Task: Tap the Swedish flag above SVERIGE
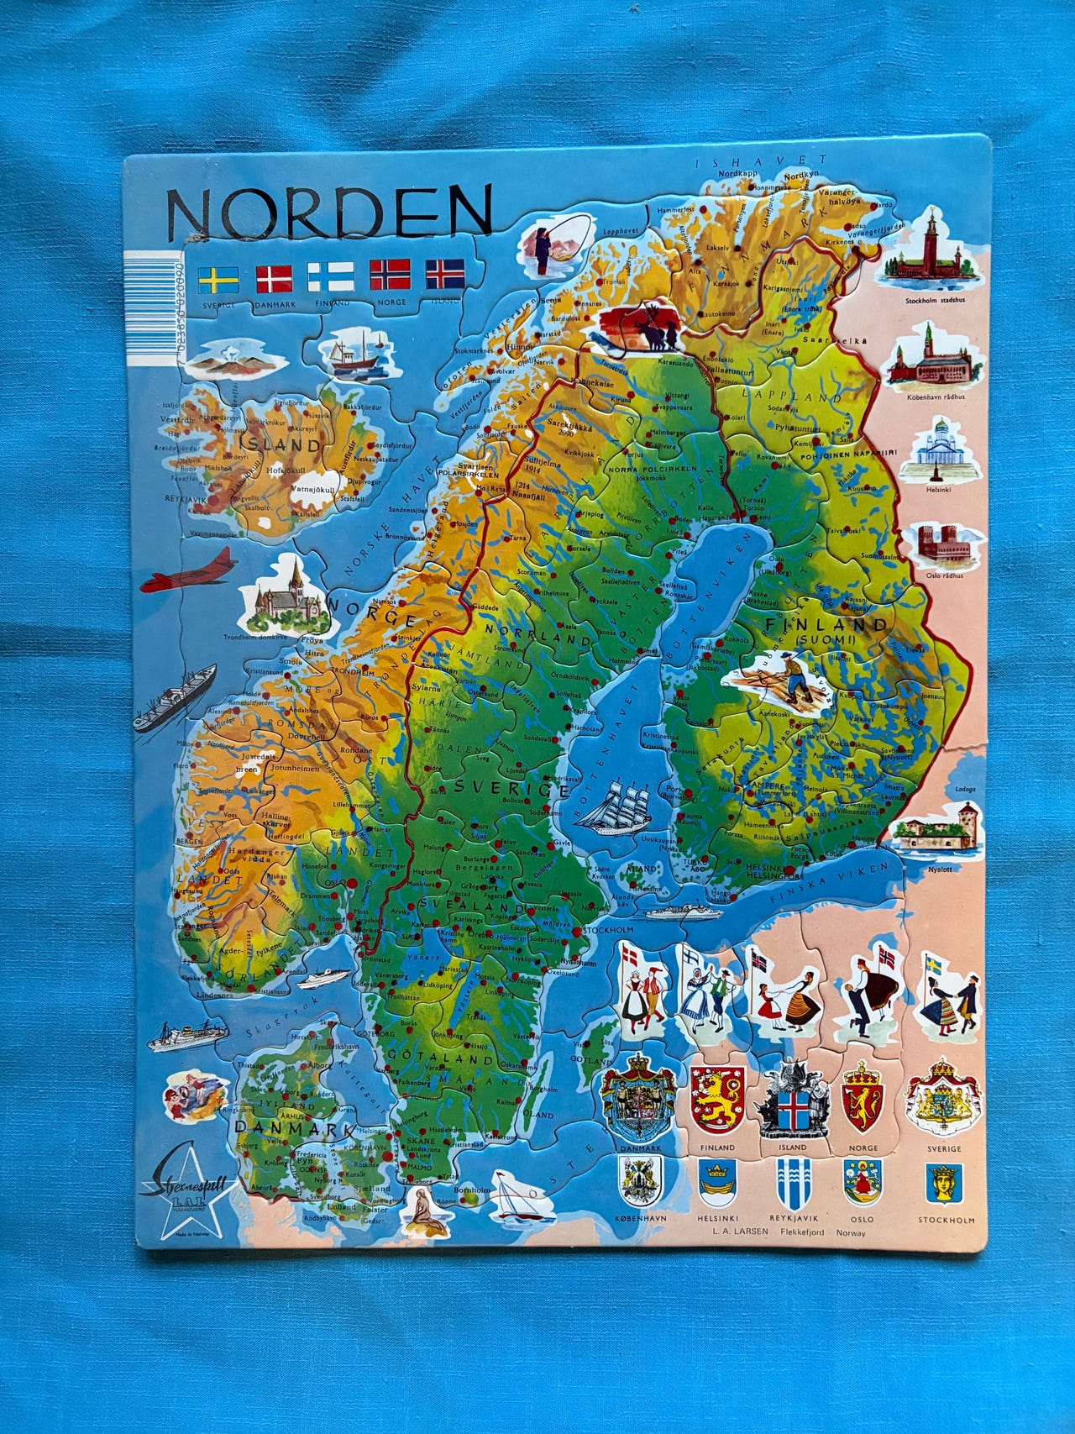[218, 278]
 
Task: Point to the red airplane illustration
[190, 573]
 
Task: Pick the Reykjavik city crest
[792, 1184]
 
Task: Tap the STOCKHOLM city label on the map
[606, 931]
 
